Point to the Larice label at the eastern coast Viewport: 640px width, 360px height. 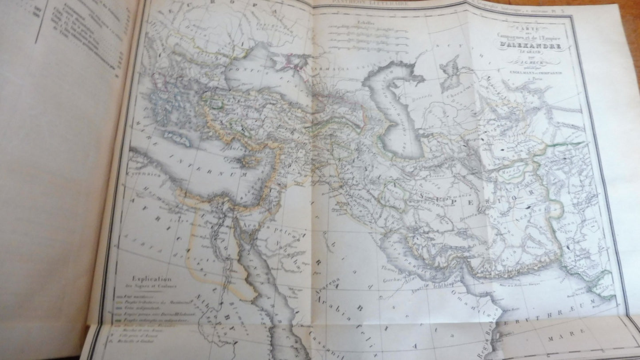click(605, 286)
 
